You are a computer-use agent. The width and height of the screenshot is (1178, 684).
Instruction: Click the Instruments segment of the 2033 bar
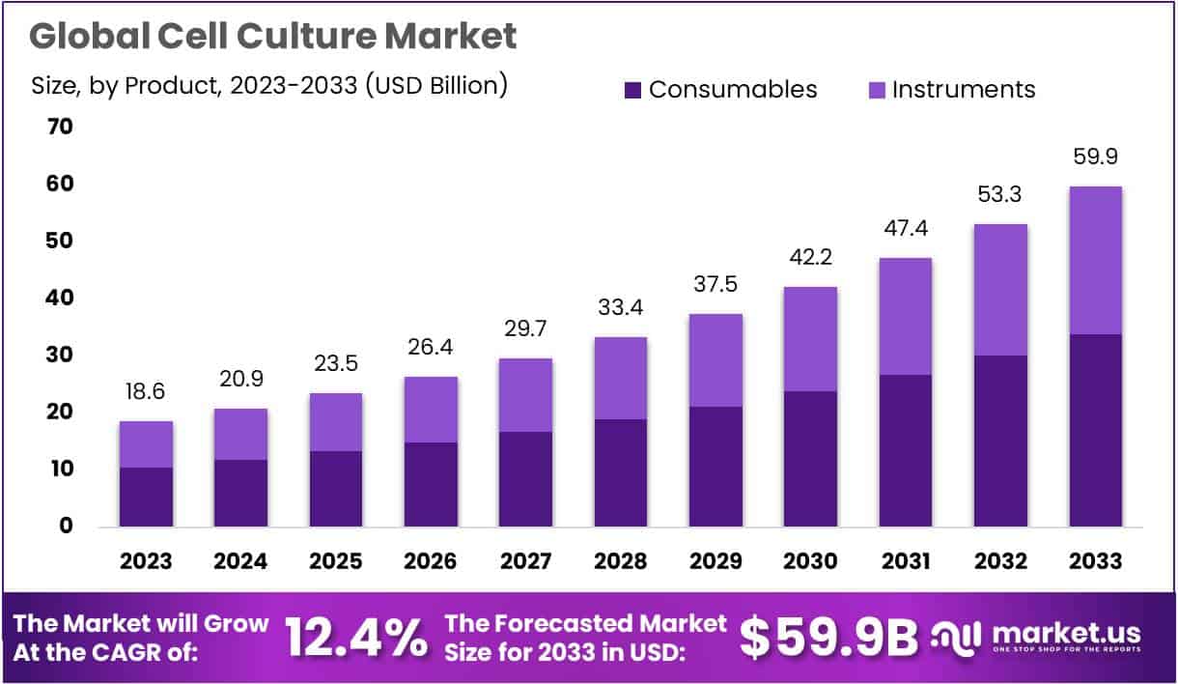(x=1095, y=260)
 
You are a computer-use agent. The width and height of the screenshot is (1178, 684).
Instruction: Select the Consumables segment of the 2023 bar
(x=146, y=497)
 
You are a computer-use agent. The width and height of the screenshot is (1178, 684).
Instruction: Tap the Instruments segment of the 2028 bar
(x=620, y=378)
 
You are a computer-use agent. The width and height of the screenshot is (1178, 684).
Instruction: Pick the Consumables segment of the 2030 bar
(x=810, y=458)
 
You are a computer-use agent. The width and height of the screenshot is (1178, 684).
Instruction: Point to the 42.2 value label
(x=810, y=258)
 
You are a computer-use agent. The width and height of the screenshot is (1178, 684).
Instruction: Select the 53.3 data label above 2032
(x=1000, y=195)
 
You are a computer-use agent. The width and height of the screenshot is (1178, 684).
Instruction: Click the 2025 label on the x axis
(x=336, y=561)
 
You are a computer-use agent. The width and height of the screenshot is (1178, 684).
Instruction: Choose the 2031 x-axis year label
(x=905, y=561)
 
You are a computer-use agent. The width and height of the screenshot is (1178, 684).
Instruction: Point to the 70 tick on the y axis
(x=60, y=128)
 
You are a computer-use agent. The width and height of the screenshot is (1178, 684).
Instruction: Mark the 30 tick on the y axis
(x=60, y=356)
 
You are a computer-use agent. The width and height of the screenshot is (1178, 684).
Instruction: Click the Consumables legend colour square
(x=632, y=90)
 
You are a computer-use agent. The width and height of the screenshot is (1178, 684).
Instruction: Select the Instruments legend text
(x=963, y=90)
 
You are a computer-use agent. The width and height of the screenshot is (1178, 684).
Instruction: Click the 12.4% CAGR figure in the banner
(x=356, y=637)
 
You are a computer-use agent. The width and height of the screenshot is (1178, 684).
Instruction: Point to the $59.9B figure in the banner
(x=828, y=637)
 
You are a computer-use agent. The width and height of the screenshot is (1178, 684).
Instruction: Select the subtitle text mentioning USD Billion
(x=269, y=85)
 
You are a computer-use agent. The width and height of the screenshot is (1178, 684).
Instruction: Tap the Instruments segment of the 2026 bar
(x=431, y=410)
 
